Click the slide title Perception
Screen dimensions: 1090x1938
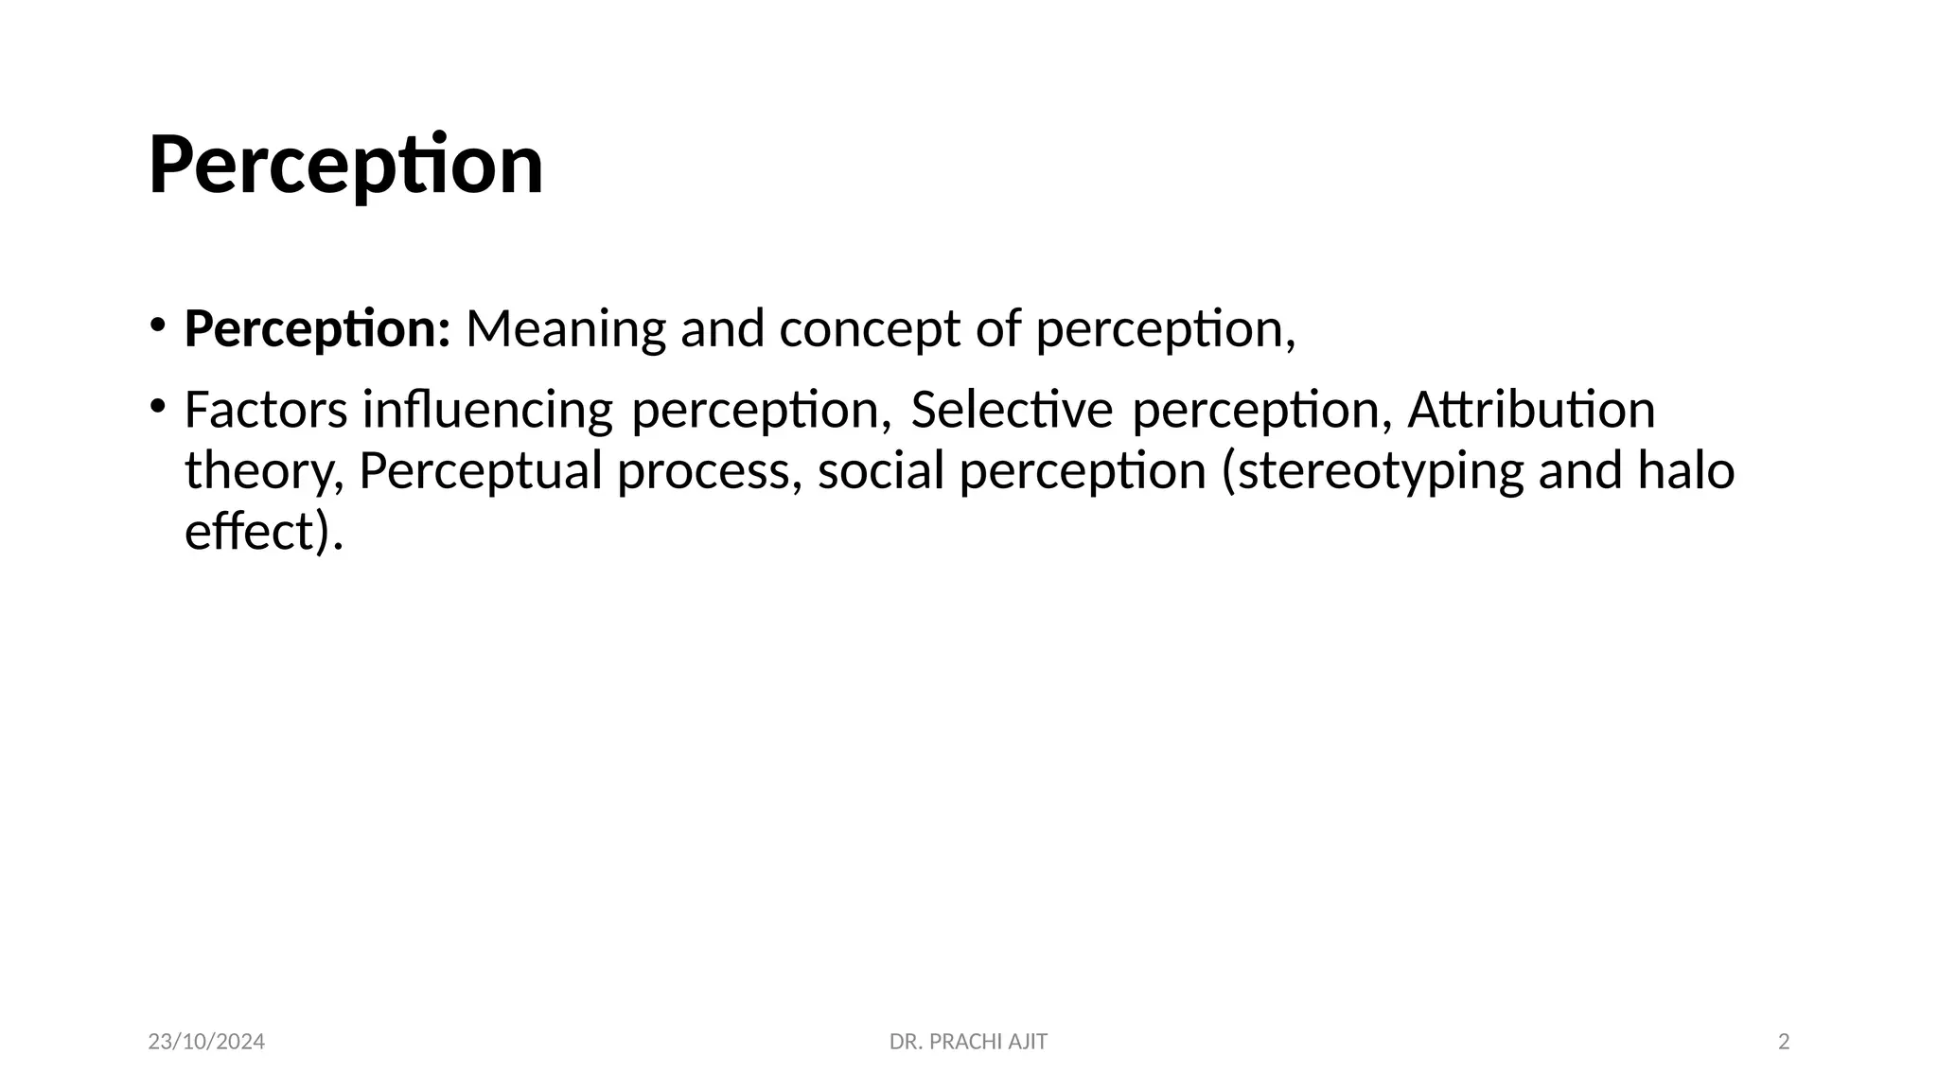[x=346, y=165]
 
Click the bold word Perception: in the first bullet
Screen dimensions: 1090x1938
[x=317, y=329]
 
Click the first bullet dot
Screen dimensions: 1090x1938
[x=157, y=325]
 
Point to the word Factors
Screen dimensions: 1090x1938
[x=266, y=411]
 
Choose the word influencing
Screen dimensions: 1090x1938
[x=487, y=411]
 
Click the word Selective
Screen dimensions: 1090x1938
[x=1012, y=411]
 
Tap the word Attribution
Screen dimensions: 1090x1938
[x=1531, y=411]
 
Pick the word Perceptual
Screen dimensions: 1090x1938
[x=481, y=472]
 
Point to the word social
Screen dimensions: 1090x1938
[x=881, y=472]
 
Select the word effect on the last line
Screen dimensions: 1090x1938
[x=247, y=532]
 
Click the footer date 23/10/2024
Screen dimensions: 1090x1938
[x=206, y=1043]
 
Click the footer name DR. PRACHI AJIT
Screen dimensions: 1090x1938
[x=968, y=1043]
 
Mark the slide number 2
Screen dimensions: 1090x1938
[x=1784, y=1043]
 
